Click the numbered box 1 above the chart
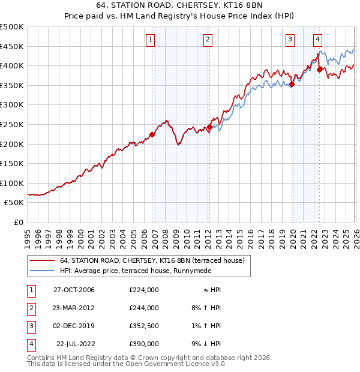click(149, 40)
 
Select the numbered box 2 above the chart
click(207, 40)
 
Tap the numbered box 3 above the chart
click(290, 40)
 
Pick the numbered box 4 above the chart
click(317, 40)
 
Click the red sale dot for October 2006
click(152, 135)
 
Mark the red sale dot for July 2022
click(319, 70)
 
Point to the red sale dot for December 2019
click(292, 85)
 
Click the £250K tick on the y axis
click(12, 124)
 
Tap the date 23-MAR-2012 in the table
click(74, 308)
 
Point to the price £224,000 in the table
click(144, 290)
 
